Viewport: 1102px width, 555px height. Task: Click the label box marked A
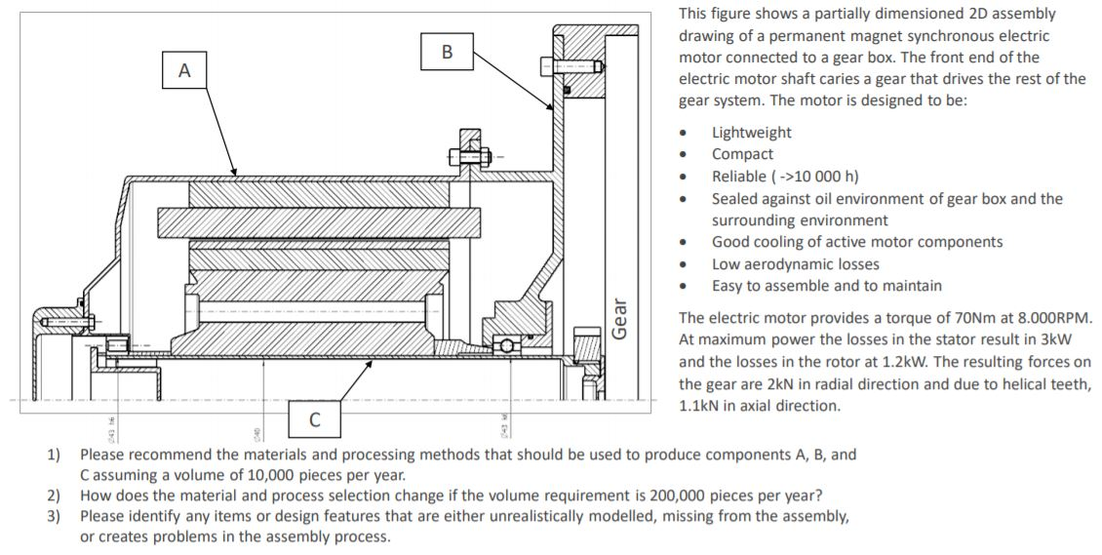pyautogui.click(x=185, y=70)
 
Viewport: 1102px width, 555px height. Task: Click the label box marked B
pyautogui.click(x=447, y=51)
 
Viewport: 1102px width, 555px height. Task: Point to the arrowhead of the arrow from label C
pyautogui.click(x=374, y=360)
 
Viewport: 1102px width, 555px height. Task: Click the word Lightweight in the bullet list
pyautogui.click(x=751, y=133)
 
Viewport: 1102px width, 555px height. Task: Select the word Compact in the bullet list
pyautogui.click(x=742, y=154)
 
